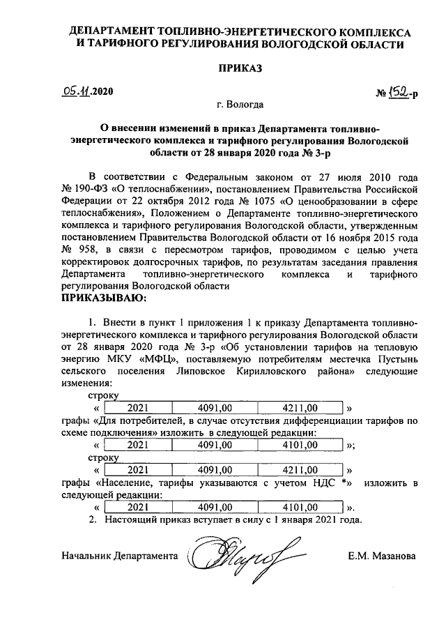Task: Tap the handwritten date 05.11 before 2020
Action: point(76,91)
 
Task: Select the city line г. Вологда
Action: point(240,105)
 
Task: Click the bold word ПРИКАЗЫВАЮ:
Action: point(104,299)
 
